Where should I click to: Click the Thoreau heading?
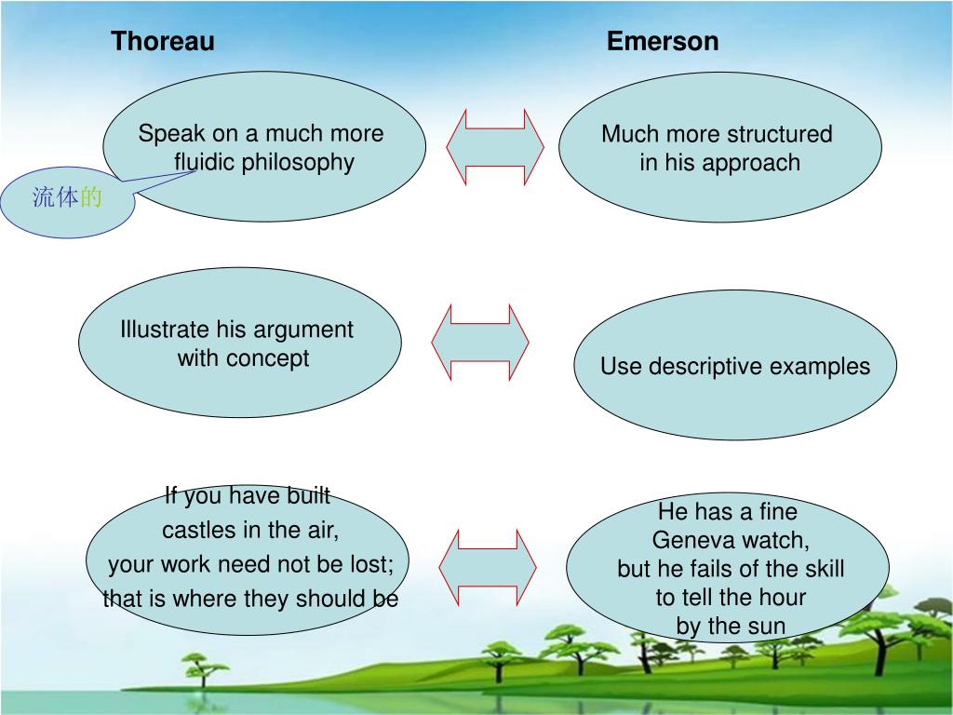coord(163,42)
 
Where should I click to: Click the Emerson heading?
coord(663,42)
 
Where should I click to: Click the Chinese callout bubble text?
coord(67,197)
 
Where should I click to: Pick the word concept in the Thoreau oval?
coord(270,358)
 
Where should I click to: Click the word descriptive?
coord(704,367)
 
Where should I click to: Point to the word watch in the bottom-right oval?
coord(775,541)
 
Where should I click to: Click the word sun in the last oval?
coord(768,627)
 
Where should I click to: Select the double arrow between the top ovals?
coord(495,147)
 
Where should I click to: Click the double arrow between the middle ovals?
coord(480,342)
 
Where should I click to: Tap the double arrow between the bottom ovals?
coord(488,567)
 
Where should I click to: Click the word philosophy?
coord(298,163)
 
